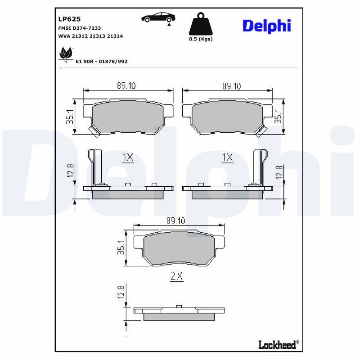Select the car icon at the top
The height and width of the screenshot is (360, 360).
[x=158, y=18]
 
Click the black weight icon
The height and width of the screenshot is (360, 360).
[x=200, y=24]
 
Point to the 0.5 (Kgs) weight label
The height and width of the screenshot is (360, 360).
[x=200, y=39]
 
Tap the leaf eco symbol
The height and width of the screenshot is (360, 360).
[x=65, y=54]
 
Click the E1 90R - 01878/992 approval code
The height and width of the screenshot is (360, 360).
[x=101, y=61]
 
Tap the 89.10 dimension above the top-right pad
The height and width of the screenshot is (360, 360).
[x=231, y=85]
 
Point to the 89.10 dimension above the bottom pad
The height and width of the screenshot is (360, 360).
[x=176, y=220]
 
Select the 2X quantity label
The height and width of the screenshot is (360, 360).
[x=177, y=277]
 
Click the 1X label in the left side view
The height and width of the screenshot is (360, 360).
[x=128, y=157]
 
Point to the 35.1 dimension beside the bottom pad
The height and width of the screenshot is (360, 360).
[x=121, y=248]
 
